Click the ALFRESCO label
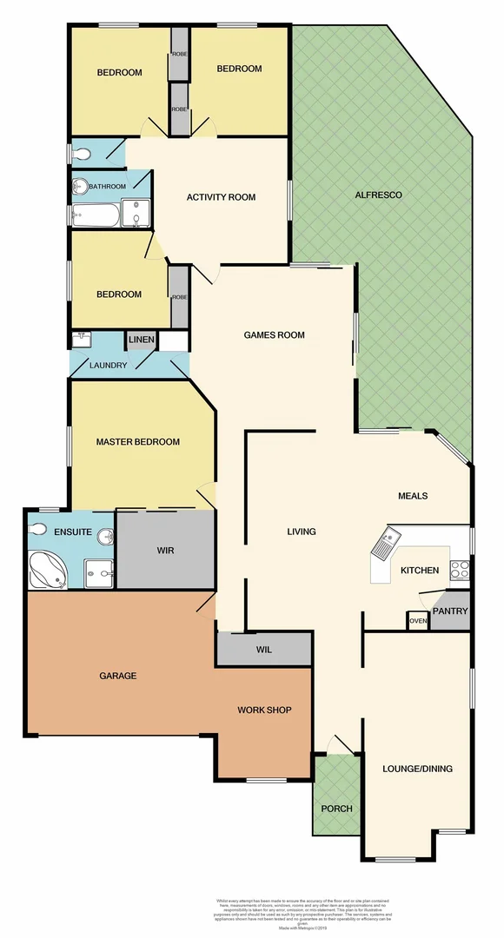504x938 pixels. coord(378,195)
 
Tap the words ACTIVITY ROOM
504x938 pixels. coord(221,197)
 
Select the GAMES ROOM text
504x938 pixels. coord(274,335)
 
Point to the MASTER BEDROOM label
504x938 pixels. coord(137,442)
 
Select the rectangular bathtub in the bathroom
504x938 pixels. coord(95,214)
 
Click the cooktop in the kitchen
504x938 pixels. coord(460,571)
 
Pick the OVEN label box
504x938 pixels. coord(417,621)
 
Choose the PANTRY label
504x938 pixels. coord(450,611)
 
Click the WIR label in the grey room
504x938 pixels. coord(167,551)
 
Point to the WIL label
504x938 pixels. coord(264,649)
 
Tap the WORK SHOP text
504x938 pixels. coord(264,710)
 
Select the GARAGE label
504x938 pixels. coord(118,675)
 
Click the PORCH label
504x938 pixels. coord(336,809)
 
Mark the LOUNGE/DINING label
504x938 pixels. coord(417,769)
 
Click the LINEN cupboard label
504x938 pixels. coord(141,340)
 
